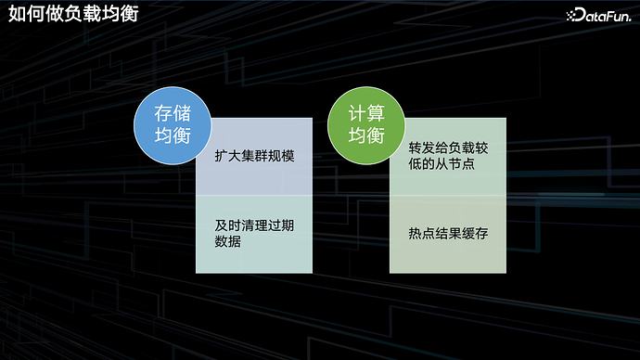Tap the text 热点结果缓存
point(448,233)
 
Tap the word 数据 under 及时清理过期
point(228,242)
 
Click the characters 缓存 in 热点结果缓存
point(474,233)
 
